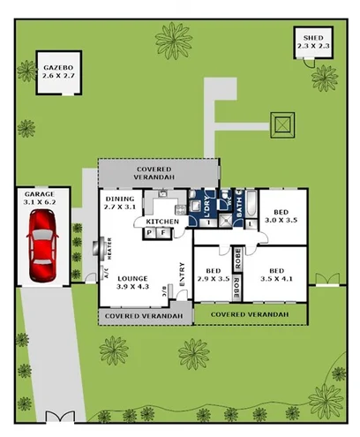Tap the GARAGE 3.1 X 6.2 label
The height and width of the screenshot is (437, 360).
(41, 198)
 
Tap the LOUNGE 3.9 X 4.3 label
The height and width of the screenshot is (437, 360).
(132, 281)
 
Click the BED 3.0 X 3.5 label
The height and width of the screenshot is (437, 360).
(281, 217)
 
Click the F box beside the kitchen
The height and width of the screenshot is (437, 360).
(161, 233)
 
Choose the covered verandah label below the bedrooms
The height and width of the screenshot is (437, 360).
(250, 314)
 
